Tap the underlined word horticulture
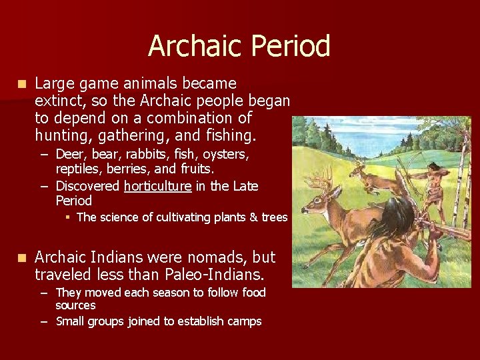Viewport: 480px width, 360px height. click(x=157, y=186)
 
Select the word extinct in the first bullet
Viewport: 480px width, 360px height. click(x=57, y=101)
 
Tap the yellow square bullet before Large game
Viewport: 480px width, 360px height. click(x=23, y=84)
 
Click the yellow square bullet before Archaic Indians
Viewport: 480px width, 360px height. click(x=23, y=258)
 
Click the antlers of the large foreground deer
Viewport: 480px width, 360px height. click(x=325, y=177)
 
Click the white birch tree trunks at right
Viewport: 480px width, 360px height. click(x=460, y=200)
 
